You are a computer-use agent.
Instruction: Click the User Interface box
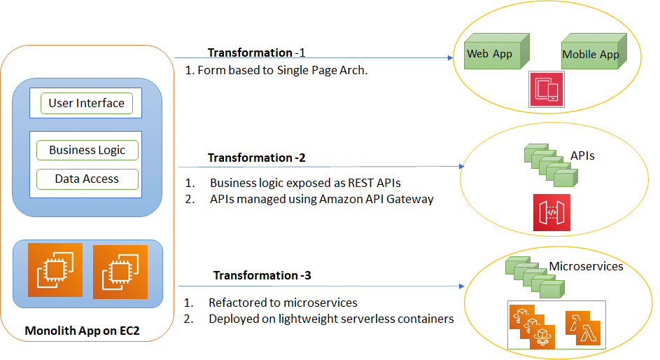click(x=87, y=104)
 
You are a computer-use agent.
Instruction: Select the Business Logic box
click(x=87, y=150)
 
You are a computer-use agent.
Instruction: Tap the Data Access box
click(x=87, y=179)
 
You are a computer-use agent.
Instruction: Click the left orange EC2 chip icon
click(x=55, y=270)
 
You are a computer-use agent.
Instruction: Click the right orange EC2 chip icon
click(x=120, y=271)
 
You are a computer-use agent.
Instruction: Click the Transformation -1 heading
click(x=257, y=53)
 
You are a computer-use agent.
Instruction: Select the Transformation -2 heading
click(x=257, y=158)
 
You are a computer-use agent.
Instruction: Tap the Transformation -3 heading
click(x=262, y=275)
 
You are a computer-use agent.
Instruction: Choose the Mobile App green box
click(x=591, y=55)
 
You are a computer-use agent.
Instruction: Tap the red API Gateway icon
click(x=552, y=212)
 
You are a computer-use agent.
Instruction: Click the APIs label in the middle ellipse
click(x=582, y=155)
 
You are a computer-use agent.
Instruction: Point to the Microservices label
click(x=586, y=266)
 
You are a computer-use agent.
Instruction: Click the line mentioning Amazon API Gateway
click(x=321, y=199)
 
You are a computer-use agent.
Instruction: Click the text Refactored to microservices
click(x=283, y=303)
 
